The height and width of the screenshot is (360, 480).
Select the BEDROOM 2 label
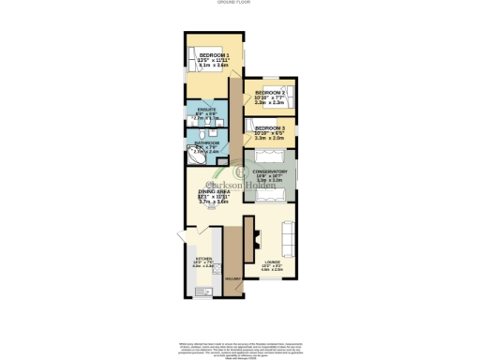(x=270, y=93)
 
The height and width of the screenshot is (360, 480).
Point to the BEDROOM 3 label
(x=270, y=127)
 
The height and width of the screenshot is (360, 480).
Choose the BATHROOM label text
(x=206, y=142)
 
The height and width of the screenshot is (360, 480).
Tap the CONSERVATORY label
(x=269, y=172)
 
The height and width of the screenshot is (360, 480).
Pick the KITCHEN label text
(x=203, y=259)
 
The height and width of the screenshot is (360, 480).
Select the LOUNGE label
(x=272, y=262)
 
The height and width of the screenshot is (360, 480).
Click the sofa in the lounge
(x=290, y=240)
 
